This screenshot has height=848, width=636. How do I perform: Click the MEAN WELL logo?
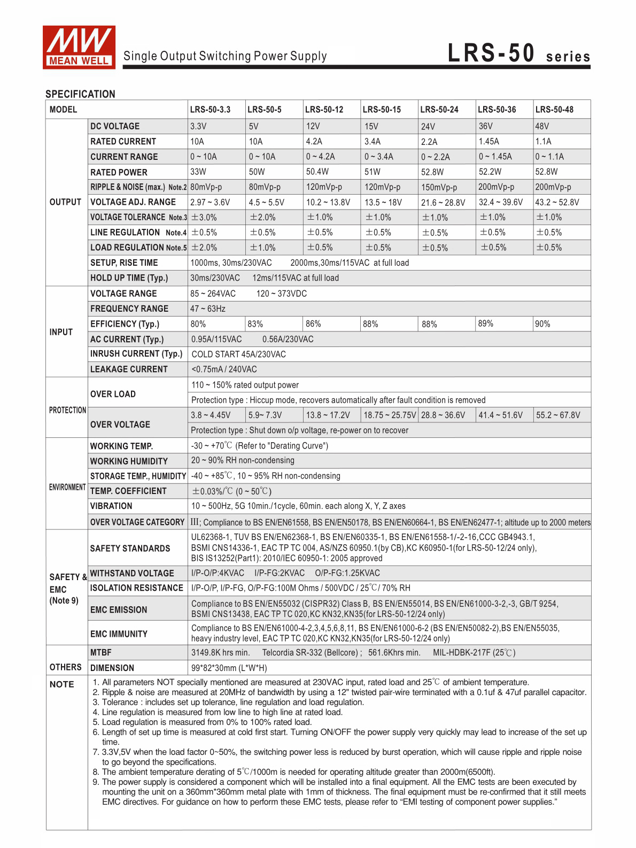pos(79,47)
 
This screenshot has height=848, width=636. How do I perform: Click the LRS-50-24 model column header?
pos(439,110)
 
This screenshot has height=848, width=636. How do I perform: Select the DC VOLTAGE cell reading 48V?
pos(542,127)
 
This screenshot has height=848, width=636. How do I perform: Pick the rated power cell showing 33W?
pos(198,172)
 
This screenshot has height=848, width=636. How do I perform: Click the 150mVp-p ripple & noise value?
pos(439,188)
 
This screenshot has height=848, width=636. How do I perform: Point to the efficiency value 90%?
pos(542,324)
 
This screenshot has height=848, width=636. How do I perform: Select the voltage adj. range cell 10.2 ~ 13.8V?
pos(328,203)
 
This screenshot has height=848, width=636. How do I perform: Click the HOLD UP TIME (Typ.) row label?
pos(129,278)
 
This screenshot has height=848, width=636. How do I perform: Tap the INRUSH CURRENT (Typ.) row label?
pos(136,354)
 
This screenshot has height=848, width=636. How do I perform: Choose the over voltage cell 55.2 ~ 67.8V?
pos(558,415)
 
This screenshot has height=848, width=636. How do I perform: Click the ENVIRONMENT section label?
pos(67,487)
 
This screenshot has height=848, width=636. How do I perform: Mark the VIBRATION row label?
pos(111,506)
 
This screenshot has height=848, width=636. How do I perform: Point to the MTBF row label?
pos(101,653)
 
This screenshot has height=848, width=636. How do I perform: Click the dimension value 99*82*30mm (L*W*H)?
pos(229,668)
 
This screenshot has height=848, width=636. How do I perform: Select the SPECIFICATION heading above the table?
pos(80,94)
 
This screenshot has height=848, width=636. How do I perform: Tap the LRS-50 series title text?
pos(518,55)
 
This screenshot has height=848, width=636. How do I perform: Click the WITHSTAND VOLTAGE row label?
pos(132,573)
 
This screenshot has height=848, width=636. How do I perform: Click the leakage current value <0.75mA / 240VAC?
pos(224,369)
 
